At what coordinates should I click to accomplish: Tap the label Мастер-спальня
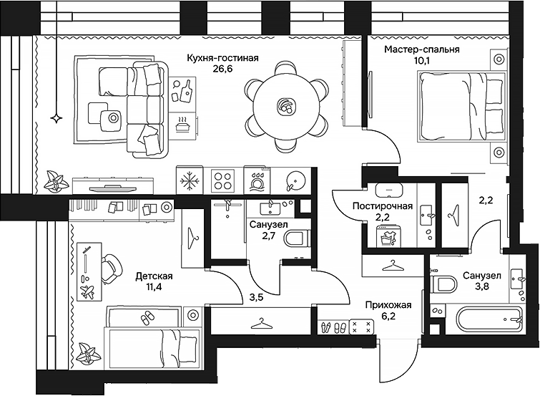421,49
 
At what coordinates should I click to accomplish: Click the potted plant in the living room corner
54,181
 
